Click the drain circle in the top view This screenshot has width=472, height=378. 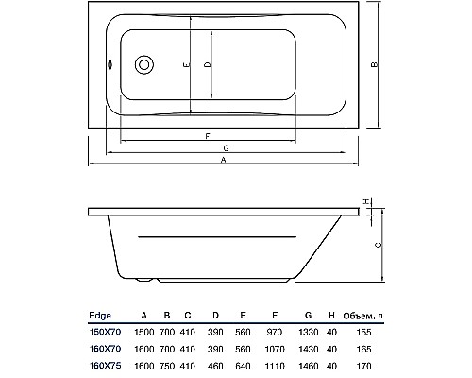[x=144, y=65]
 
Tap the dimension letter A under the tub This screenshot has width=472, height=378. [x=224, y=161]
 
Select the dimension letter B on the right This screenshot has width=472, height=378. [x=376, y=65]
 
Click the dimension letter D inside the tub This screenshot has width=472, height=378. [x=207, y=65]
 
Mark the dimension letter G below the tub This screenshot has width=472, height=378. [x=227, y=149]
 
